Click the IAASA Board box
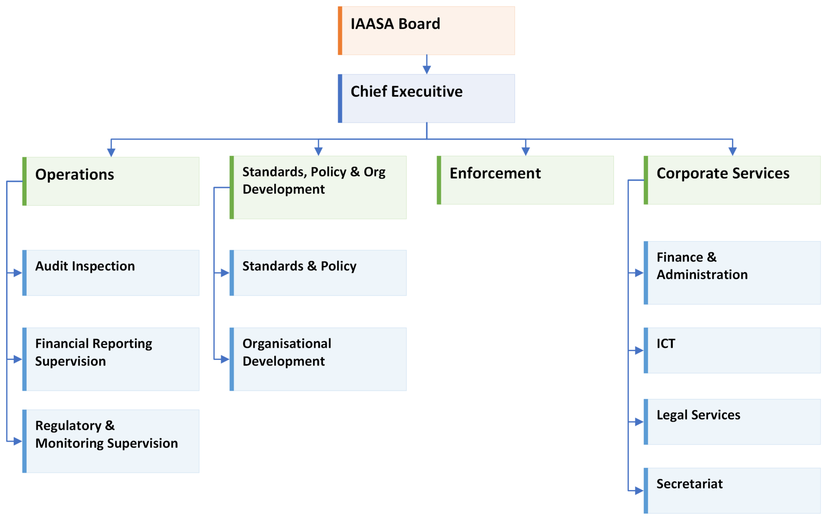coord(426,31)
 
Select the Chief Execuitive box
coord(426,98)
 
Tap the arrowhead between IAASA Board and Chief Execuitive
coord(427,70)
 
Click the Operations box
coord(111,181)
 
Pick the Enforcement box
coord(525,180)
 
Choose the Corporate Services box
coord(732,180)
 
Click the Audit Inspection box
coord(111,273)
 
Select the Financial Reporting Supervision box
coord(111,359)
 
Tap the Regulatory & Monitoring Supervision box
coord(111,441)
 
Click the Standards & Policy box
coord(318,273)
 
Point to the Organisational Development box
coord(318,359)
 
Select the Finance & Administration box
coord(732,273)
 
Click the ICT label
coord(665,343)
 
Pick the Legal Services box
coord(732,422)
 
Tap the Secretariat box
coord(732,491)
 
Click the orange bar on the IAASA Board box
coord(340,31)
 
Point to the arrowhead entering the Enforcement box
coord(525,151)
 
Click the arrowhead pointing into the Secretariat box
coord(639,491)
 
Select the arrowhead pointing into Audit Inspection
coord(17,273)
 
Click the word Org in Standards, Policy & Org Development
coord(374,172)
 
